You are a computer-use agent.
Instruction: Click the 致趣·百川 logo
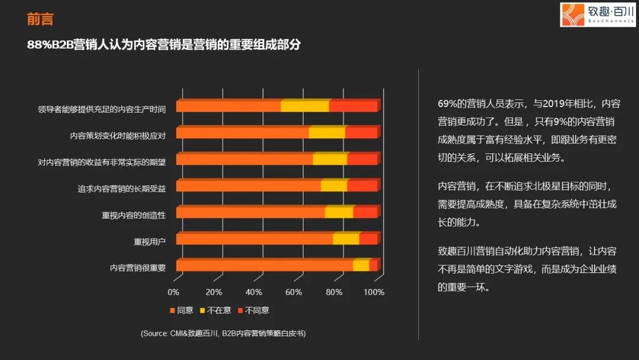598,14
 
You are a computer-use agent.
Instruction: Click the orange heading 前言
40,20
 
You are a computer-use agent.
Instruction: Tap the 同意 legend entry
182,310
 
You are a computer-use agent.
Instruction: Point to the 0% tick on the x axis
173,292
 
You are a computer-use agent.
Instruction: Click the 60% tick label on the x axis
294,292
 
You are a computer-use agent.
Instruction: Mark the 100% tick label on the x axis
374,292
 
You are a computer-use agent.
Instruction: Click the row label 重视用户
150,242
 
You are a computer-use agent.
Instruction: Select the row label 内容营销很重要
138,268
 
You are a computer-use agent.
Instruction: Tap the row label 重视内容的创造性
134,215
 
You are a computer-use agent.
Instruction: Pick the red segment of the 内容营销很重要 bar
373,266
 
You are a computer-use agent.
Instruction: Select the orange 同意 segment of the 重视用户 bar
254,239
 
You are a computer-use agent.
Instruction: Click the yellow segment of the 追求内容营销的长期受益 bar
334,186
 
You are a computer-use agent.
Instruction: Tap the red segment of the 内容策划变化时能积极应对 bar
361,133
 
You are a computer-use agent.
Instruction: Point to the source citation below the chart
223,333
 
